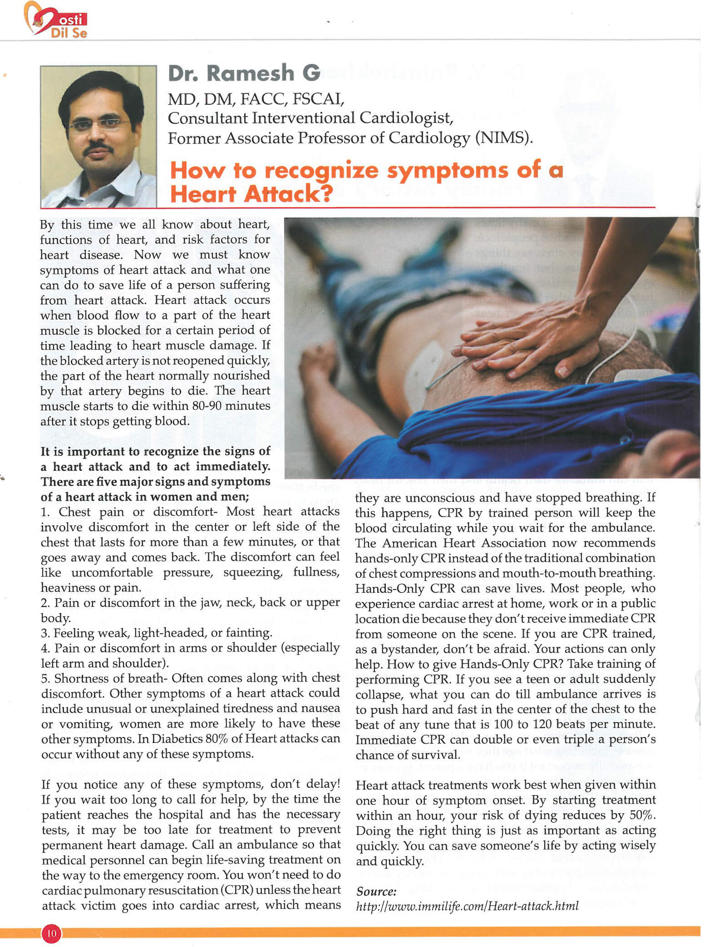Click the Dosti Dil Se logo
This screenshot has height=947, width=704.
(x=56, y=20)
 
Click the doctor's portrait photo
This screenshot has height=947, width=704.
(x=98, y=137)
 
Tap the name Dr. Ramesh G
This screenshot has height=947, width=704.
(x=244, y=73)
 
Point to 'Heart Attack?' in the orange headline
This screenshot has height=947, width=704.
(x=251, y=194)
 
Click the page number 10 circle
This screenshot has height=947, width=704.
(x=52, y=933)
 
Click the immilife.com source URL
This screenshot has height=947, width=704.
(x=467, y=906)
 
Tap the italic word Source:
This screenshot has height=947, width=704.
(x=376, y=891)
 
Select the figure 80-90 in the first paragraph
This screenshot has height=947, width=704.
(x=207, y=405)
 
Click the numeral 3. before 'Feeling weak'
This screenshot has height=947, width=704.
(x=45, y=633)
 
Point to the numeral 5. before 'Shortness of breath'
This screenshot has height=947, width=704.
(x=45, y=679)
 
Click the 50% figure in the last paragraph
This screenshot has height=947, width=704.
(x=642, y=815)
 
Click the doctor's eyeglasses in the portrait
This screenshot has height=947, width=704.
(x=100, y=123)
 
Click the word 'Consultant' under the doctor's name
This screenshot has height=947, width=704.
(x=207, y=118)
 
